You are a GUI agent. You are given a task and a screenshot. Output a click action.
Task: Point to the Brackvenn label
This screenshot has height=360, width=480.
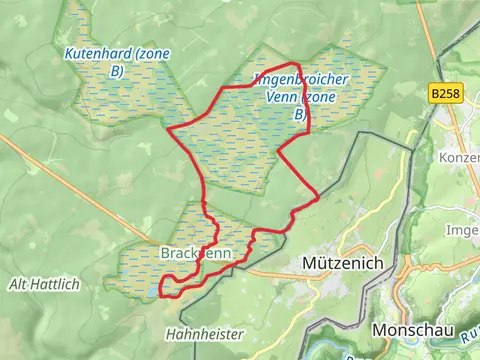pyautogui.click(x=196, y=254)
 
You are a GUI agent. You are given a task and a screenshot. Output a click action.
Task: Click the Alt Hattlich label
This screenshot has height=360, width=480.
pyautogui.click(x=43, y=285)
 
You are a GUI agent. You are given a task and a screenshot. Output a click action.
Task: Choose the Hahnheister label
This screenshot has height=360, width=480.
pyautogui.click(x=198, y=333)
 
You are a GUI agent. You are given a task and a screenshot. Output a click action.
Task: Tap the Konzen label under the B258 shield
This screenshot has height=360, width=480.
pyautogui.click(x=459, y=157)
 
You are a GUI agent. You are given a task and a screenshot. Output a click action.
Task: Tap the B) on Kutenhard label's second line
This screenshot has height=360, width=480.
pyautogui.click(x=117, y=71)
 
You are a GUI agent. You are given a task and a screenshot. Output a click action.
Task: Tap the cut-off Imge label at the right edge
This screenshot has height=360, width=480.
pyautogui.click(x=466, y=228)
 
